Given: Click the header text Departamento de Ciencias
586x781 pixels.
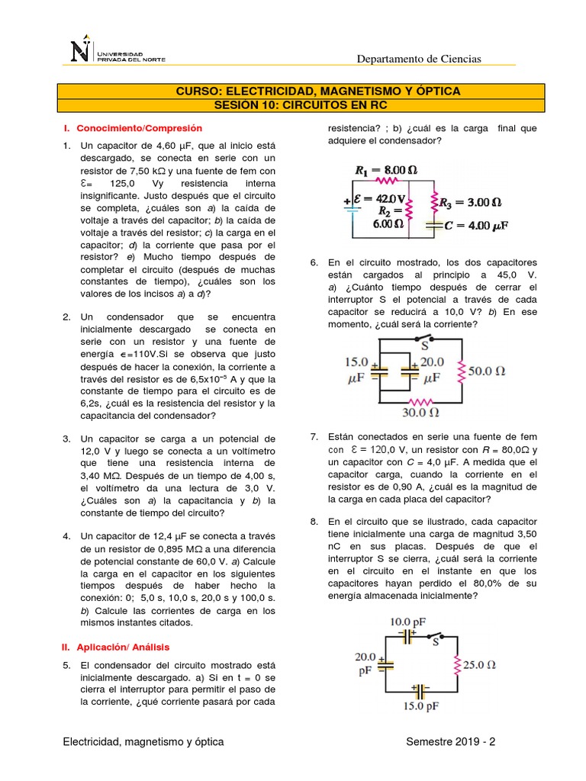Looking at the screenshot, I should click(x=420, y=59).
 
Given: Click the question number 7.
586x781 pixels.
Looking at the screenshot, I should click(x=314, y=437).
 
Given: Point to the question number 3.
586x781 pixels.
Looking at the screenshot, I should click(x=67, y=439).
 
